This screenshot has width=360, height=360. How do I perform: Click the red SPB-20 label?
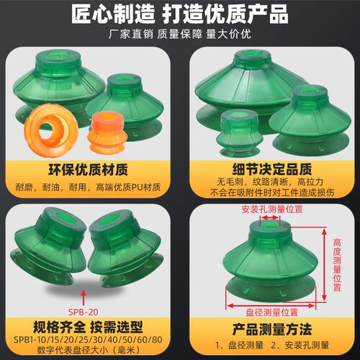(x=84, y=312)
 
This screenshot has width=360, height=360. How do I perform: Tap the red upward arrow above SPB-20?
(x=84, y=297)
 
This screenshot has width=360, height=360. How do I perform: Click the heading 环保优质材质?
(x=89, y=170)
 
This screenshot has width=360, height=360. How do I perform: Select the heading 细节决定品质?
(x=272, y=169)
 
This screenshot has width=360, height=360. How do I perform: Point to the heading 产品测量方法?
(x=272, y=329)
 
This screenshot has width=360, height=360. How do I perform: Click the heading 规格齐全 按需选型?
(x=88, y=327)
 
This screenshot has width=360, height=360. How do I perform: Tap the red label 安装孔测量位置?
(x=272, y=210)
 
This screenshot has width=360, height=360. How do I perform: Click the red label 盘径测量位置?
(x=272, y=312)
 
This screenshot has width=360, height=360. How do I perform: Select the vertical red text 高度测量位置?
(x=337, y=265)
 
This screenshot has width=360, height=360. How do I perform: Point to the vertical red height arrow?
(x=324, y=264)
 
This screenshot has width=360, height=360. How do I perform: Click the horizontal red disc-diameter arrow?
(x=271, y=305)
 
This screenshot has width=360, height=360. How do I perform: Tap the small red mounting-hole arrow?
(x=270, y=217)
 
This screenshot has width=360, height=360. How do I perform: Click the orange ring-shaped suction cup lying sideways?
(x=52, y=130)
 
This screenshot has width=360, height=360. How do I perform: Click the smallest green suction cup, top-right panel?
(x=239, y=132)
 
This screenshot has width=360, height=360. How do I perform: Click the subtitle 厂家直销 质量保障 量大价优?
(x=180, y=34)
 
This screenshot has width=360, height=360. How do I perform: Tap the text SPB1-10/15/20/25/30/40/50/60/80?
(x=88, y=340)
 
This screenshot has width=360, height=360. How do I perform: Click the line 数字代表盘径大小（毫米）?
(x=88, y=350)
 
